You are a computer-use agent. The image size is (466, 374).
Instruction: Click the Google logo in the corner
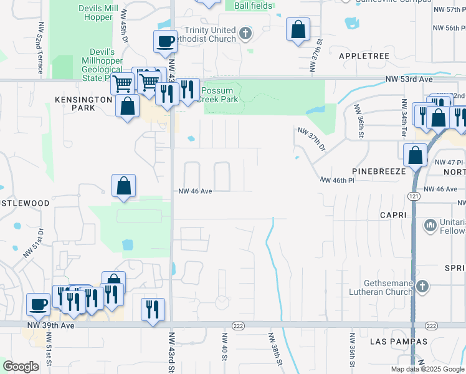click(x=21, y=367)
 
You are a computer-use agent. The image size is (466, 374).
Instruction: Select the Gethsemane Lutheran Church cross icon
click(x=422, y=286)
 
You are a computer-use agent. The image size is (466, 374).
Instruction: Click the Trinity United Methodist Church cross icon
click(x=246, y=33)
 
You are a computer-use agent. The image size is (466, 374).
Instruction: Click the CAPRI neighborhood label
click(x=392, y=215)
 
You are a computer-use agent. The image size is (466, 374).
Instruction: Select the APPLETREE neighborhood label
click(x=364, y=56)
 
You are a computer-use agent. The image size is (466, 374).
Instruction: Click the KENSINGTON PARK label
click(x=83, y=103)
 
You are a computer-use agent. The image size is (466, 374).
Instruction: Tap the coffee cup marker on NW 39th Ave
click(x=39, y=305)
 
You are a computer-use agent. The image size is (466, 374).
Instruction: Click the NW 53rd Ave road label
click(x=408, y=79)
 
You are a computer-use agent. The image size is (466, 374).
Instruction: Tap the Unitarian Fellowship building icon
click(x=429, y=224)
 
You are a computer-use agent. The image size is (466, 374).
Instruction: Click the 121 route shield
click(x=414, y=196)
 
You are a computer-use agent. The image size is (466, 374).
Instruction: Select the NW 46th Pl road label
click(x=337, y=180)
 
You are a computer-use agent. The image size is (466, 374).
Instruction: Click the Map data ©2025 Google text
click(x=427, y=369)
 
